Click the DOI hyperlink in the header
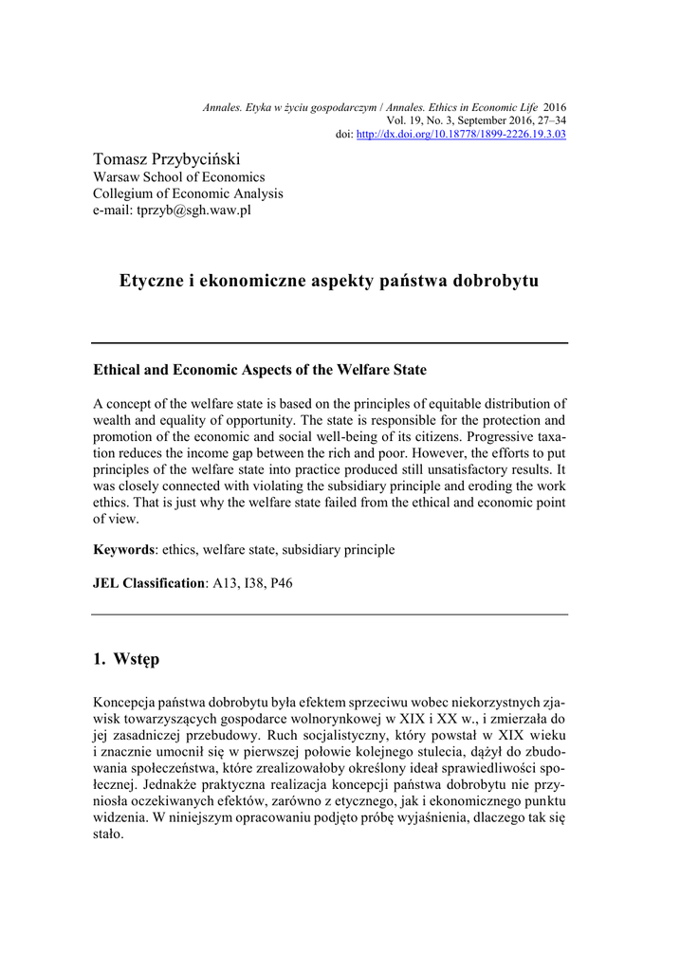pos(461,135)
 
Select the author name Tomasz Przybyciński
pos(167,158)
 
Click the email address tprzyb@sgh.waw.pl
pos(172,211)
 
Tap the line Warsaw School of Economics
pos(178,176)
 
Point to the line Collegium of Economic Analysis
pos(188,193)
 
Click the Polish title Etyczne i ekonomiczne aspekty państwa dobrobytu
pos(329,282)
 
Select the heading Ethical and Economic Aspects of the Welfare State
pos(260,369)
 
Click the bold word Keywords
pos(123,550)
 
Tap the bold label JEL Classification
pos(149,583)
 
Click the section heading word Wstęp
pos(138,658)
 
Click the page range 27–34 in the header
pos(550,121)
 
